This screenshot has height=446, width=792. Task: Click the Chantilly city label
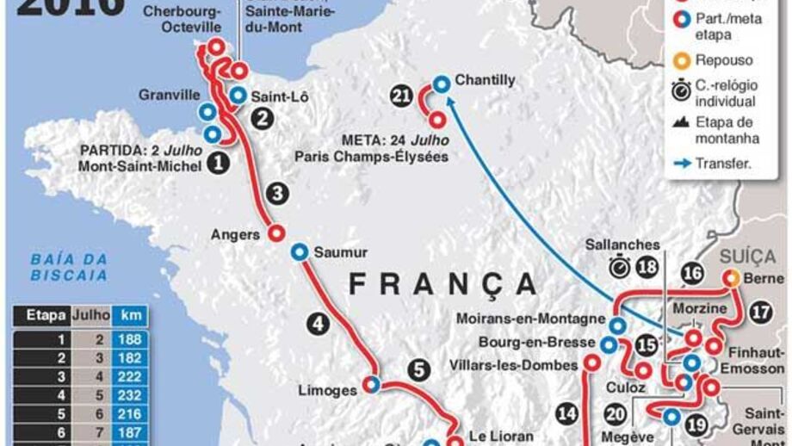pyautogui.click(x=485, y=80)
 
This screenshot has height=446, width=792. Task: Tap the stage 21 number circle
pyautogui.click(x=401, y=96)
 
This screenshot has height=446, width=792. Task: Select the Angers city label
pyautogui.click(x=234, y=233)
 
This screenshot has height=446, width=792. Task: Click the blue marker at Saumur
pyautogui.click(x=300, y=251)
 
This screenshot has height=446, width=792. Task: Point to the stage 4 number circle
pyautogui.click(x=318, y=325)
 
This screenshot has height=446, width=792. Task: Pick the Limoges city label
pyautogui.click(x=327, y=390)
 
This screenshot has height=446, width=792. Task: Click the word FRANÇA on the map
pyautogui.click(x=442, y=284)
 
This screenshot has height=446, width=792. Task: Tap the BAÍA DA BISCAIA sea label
pyautogui.click(x=69, y=267)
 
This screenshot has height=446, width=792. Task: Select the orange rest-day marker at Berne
pyautogui.click(x=731, y=278)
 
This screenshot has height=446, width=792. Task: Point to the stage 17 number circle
pyautogui.click(x=760, y=312)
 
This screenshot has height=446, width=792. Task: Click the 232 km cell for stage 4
pyautogui.click(x=132, y=396)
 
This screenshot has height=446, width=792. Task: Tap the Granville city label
pyautogui.click(x=169, y=95)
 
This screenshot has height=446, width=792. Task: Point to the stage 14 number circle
pyautogui.click(x=566, y=413)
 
